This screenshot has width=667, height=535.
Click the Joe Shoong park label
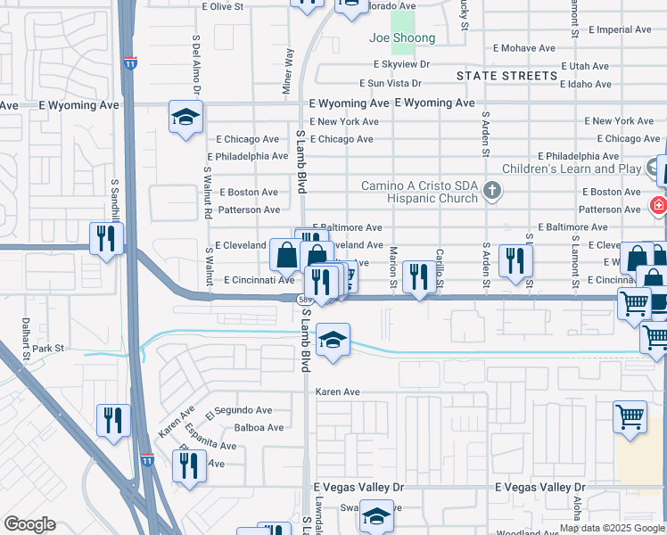[x=402, y=38]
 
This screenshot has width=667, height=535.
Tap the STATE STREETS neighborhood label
[x=507, y=76]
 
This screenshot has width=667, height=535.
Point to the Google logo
[x=29, y=524]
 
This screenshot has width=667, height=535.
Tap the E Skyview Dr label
[x=401, y=64]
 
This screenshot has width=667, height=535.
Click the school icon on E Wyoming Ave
[x=186, y=117]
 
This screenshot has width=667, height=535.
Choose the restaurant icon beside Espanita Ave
[x=189, y=465]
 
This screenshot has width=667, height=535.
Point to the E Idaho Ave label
[x=585, y=84]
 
